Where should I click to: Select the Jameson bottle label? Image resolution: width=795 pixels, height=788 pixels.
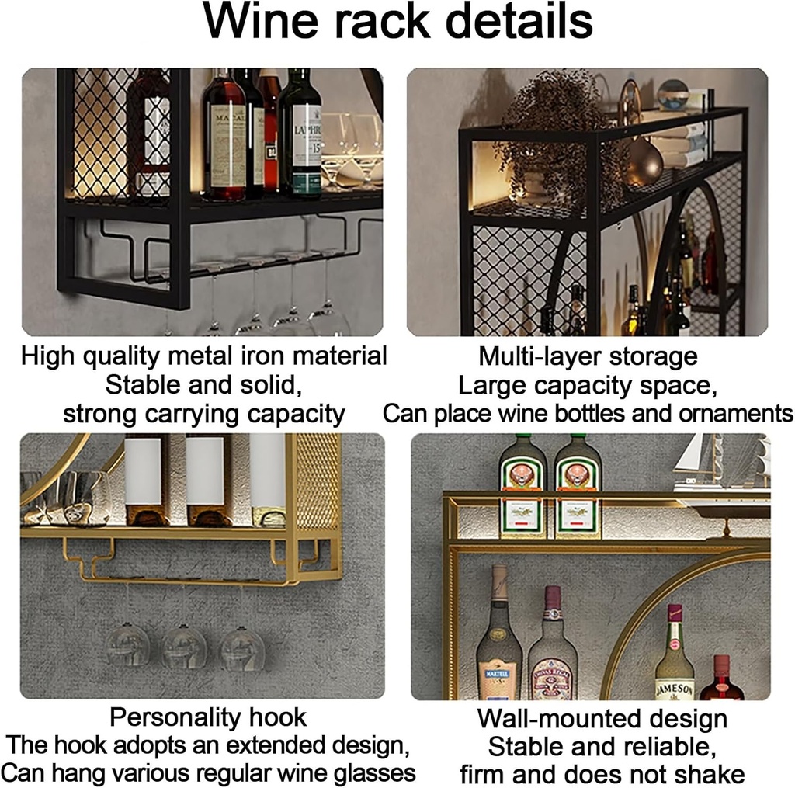[x=674, y=686]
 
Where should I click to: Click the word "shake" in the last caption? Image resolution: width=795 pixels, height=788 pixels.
[x=709, y=774]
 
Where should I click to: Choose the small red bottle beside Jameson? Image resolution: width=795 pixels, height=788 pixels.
[x=722, y=680]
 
